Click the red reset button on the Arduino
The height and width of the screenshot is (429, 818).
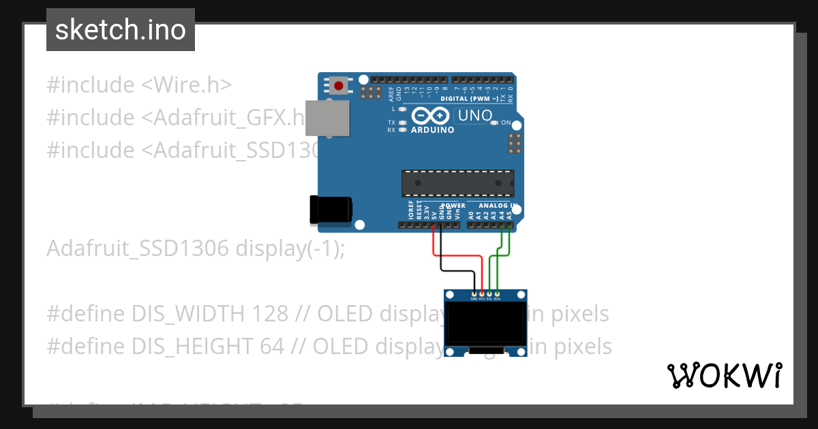[339, 85]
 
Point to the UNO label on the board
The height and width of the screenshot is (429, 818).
[474, 116]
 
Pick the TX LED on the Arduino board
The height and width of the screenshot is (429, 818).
[404, 123]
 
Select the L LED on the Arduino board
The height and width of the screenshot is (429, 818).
[404, 109]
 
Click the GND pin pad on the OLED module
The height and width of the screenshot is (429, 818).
[474, 294]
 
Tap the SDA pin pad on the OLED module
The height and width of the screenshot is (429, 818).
[497, 294]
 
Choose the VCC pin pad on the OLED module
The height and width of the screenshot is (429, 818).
[482, 294]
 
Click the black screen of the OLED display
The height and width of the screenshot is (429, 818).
[485, 324]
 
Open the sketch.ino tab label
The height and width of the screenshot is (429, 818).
[121, 30]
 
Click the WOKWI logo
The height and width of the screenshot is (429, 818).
[724, 375]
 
